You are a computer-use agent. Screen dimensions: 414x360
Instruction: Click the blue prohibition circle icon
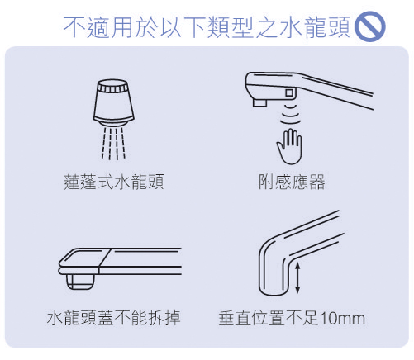point(370,26)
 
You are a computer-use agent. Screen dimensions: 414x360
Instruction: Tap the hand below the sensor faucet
point(289,147)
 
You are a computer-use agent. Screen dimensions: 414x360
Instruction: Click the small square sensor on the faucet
point(289,92)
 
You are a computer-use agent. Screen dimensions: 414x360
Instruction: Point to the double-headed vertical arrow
point(297,278)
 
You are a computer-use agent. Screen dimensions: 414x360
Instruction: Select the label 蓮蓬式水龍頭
point(114,182)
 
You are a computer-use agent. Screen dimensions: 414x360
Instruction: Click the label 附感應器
point(292,182)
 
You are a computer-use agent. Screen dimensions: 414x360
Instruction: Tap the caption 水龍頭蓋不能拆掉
point(114,318)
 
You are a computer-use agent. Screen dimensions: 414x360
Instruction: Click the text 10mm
point(342,319)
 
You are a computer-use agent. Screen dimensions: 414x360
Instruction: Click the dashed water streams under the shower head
point(113,143)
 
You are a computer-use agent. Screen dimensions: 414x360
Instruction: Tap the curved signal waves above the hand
point(290,115)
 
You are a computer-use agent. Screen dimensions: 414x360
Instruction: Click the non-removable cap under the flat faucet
point(80,282)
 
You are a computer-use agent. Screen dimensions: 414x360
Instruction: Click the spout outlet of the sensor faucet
point(259,103)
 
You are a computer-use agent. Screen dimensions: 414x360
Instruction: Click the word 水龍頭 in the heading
point(315,26)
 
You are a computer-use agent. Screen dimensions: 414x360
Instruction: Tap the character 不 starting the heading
point(74,26)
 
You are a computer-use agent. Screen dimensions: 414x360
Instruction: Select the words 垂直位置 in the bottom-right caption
point(251,319)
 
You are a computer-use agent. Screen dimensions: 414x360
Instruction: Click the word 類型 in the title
point(230,26)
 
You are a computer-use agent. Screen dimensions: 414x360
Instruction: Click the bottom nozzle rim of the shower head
point(114,122)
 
